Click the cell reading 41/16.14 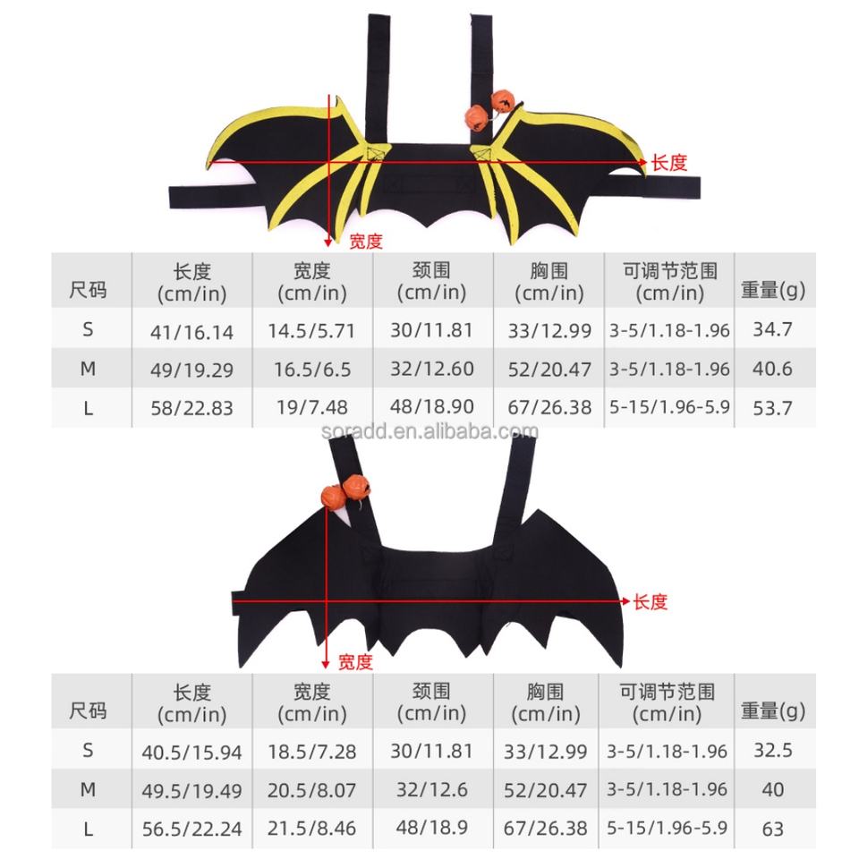[x=191, y=331]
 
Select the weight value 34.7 [x=771, y=329]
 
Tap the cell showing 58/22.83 [x=191, y=408]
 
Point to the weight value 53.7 [x=771, y=407]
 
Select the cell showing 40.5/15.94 [x=191, y=753]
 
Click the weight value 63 [x=772, y=829]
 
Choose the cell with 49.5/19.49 [x=191, y=791]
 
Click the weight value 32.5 [x=772, y=751]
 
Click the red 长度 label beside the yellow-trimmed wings [x=669, y=163]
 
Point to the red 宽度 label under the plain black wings [x=354, y=663]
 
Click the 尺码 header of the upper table [x=88, y=289]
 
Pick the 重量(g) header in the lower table [x=772, y=710]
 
